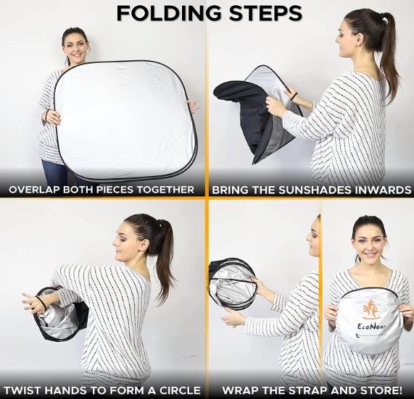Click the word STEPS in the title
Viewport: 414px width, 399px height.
[265, 13]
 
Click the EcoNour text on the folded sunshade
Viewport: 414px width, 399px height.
[371, 327]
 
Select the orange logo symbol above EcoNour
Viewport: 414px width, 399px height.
[370, 308]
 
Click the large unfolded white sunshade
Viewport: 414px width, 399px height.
[125, 120]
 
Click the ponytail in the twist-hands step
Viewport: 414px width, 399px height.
[164, 253]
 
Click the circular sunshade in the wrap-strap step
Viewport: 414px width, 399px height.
[232, 283]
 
